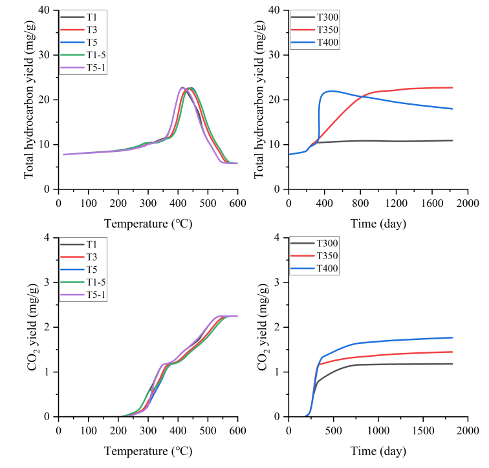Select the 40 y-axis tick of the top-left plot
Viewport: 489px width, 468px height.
coord(45,10)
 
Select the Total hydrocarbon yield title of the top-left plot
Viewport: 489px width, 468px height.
coord(30,100)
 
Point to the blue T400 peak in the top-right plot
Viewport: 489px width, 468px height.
coord(331,90)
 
